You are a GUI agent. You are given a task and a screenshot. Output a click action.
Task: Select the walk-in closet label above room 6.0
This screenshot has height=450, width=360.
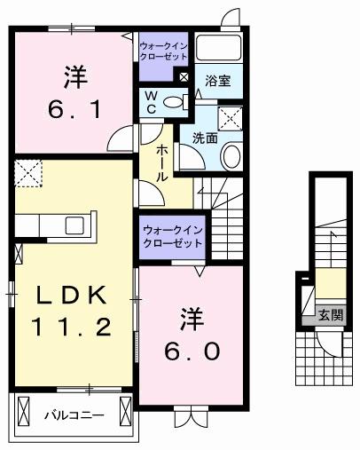point(171,236)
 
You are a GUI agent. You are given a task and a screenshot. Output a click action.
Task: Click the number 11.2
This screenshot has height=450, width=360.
point(74,328)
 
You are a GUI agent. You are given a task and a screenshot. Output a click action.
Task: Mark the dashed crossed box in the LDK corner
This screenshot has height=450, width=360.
point(28,171)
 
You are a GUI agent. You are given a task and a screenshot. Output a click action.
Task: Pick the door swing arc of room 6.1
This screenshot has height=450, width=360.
point(121,138)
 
